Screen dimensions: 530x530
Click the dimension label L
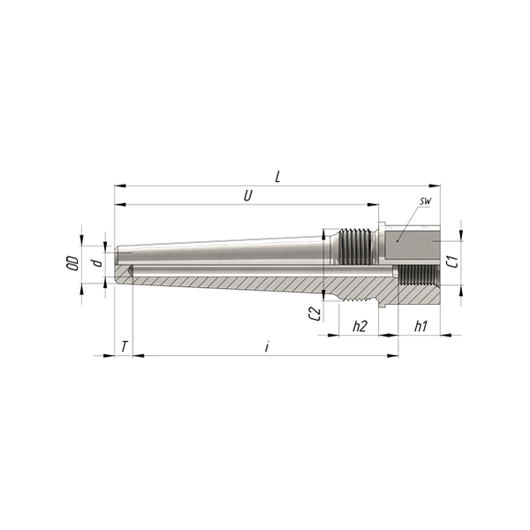pyautogui.click(x=278, y=177)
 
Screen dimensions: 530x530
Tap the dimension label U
pyautogui.click(x=248, y=196)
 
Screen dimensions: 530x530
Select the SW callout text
pyautogui.click(x=425, y=201)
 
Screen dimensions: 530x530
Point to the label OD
pyautogui.click(x=73, y=263)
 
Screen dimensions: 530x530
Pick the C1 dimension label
pyautogui.click(x=453, y=261)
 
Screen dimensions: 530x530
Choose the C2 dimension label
pyautogui.click(x=314, y=314)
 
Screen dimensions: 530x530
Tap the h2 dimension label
pyautogui.click(x=360, y=326)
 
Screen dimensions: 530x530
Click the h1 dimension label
pyautogui.click(x=420, y=326)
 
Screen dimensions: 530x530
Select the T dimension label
pyautogui.click(x=125, y=346)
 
